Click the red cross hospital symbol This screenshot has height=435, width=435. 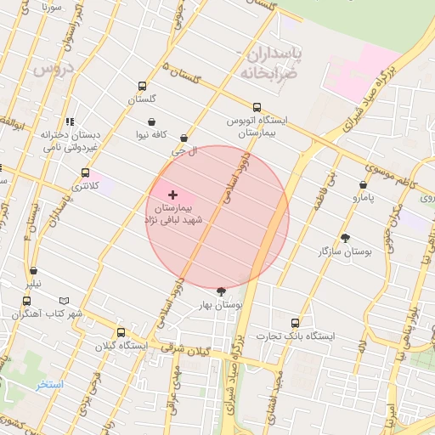[173, 195]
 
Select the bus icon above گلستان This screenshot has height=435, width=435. [141, 86]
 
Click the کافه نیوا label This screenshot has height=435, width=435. [174, 135]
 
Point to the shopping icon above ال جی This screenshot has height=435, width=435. [184, 138]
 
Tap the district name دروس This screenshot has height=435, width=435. [54, 70]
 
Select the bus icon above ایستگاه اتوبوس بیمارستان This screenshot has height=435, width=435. [256, 107]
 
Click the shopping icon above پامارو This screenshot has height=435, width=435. [363, 184]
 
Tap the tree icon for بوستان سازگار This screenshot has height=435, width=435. [345, 238]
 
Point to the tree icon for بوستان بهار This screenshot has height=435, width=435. [222, 291]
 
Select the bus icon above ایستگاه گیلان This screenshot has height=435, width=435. [121, 332]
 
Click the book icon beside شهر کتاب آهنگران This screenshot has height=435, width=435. [65, 301]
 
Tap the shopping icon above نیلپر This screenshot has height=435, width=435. [33, 272]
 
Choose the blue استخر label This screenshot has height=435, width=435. [49, 385]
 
